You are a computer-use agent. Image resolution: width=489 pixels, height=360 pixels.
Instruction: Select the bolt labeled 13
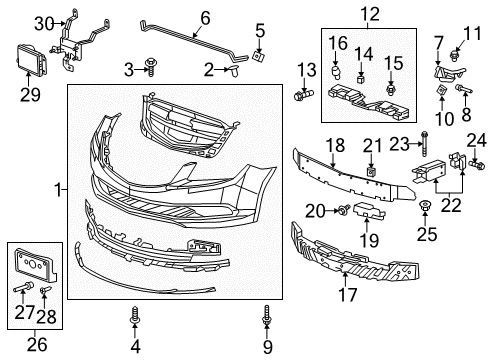[x=303, y=100]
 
